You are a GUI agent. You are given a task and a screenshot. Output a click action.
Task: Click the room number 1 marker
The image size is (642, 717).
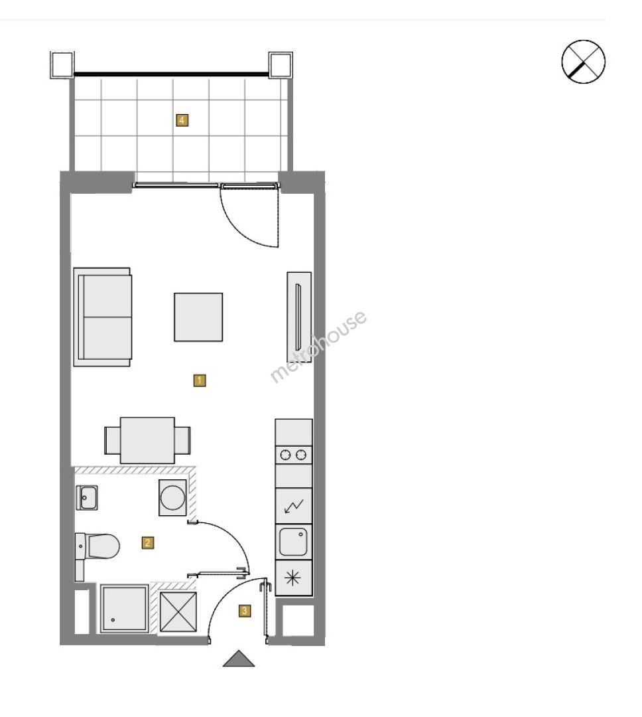[x=200, y=380]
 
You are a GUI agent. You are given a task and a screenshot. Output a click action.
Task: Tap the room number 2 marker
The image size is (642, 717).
[x=147, y=543]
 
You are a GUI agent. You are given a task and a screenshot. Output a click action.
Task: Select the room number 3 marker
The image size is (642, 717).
[x=245, y=611]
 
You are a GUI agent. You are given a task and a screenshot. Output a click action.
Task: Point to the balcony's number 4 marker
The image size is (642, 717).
[x=182, y=120]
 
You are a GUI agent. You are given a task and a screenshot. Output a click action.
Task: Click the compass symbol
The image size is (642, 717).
[x=583, y=62]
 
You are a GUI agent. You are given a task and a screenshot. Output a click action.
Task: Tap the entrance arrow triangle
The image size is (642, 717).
[x=239, y=659]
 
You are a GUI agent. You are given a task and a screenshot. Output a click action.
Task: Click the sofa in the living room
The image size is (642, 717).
[x=103, y=317]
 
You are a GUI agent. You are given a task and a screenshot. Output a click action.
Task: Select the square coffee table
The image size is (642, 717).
[x=198, y=317]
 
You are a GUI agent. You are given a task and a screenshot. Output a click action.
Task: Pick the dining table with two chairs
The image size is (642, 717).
[x=147, y=440]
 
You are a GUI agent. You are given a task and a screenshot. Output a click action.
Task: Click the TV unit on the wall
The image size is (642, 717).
[x=299, y=317]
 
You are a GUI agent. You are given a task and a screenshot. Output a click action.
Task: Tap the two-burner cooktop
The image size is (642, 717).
[x=293, y=455]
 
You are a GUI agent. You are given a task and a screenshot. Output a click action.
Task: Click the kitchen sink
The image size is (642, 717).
[x=293, y=542]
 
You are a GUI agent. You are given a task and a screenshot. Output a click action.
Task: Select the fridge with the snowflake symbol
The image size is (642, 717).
[x=293, y=578]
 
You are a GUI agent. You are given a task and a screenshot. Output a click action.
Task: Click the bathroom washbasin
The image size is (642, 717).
[x=87, y=497]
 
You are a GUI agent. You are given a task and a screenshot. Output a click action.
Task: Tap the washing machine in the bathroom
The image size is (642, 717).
[x=172, y=497]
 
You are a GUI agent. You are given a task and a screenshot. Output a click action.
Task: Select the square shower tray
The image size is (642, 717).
[x=124, y=608]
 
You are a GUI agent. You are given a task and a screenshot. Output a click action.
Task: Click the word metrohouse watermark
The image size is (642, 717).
[x=318, y=346]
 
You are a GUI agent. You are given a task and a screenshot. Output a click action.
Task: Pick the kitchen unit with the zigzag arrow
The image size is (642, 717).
[x=293, y=506]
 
